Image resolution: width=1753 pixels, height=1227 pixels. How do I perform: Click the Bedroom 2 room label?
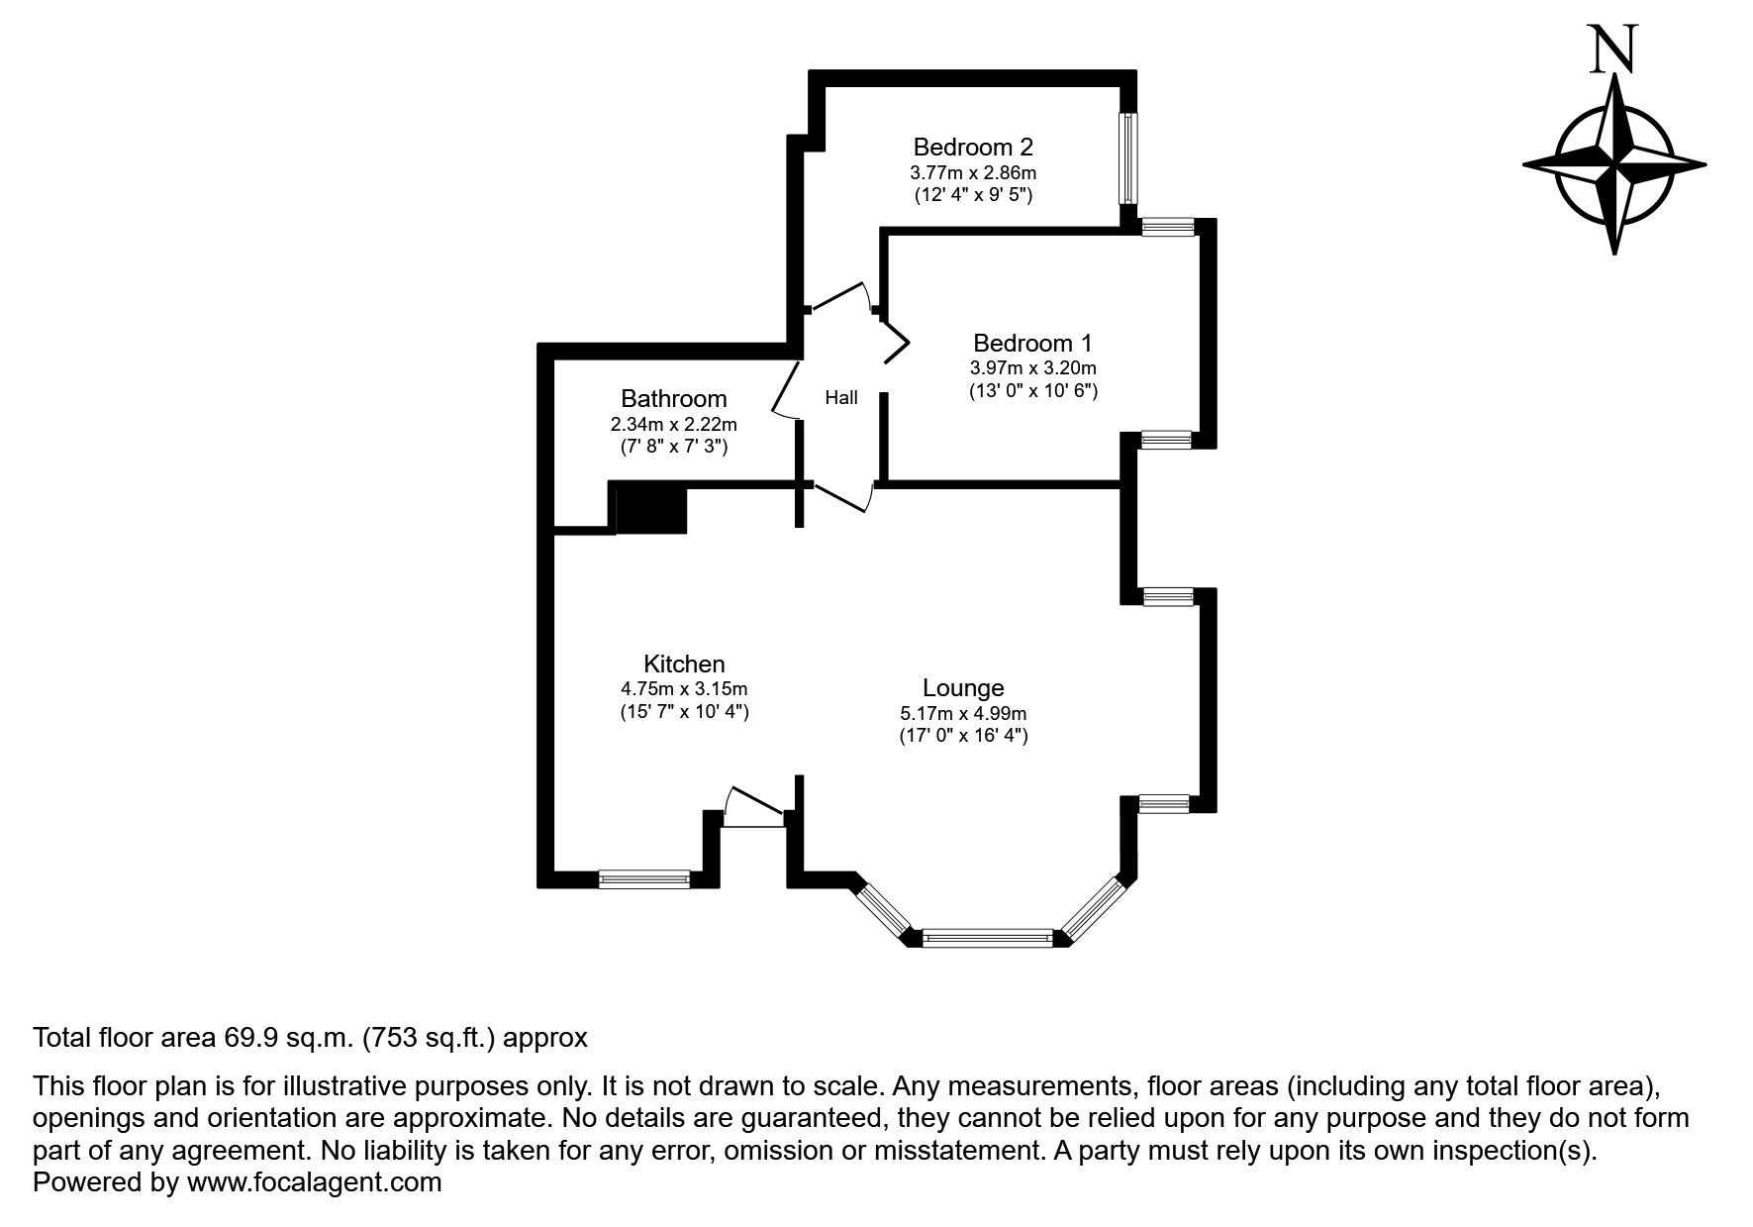tap(972, 148)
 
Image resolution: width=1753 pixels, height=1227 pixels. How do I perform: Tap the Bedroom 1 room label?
tap(1032, 344)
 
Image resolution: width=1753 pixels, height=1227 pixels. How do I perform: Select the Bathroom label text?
tap(673, 399)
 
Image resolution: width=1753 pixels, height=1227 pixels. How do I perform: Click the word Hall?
tap(840, 398)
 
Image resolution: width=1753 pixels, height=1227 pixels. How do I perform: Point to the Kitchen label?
tap(684, 665)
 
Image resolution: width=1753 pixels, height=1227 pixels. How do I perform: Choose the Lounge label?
tap(962, 688)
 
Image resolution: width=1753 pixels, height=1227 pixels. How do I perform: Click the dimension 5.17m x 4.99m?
tap(962, 713)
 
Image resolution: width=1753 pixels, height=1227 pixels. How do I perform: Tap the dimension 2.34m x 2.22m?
tap(673, 424)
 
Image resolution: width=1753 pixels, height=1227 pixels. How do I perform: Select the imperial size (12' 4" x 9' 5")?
tap(972, 195)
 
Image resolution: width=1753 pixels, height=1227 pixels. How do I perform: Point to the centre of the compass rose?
tap(1613, 164)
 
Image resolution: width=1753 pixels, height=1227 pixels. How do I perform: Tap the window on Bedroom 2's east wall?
tap(1127, 156)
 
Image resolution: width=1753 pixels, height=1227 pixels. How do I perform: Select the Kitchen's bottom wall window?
tap(644, 878)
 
